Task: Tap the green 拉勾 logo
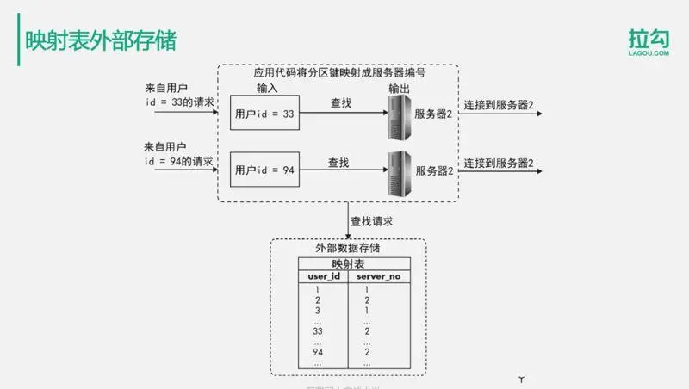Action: click(x=648, y=44)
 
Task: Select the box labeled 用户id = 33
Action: click(x=264, y=114)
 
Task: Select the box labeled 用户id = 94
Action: click(x=264, y=170)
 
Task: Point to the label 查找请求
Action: click(x=372, y=221)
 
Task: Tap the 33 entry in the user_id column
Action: click(x=317, y=330)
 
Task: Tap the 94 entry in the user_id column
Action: click(x=317, y=352)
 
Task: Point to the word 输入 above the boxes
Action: click(x=268, y=89)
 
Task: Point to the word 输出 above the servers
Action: click(x=399, y=89)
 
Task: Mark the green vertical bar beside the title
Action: click(x=19, y=41)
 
